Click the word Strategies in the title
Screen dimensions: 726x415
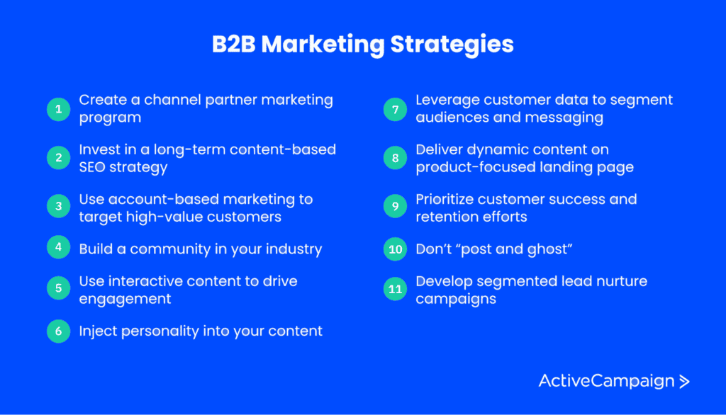[x=452, y=45]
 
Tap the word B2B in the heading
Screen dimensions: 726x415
[x=233, y=45]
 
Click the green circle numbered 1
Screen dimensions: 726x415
[x=58, y=109]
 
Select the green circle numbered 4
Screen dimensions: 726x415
[x=58, y=247]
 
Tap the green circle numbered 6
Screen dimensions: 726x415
[x=58, y=331]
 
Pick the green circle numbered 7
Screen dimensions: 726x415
[x=395, y=110]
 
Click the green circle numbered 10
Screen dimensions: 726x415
[x=395, y=249]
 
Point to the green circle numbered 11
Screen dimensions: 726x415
[x=395, y=289]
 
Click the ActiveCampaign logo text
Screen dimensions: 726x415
[x=607, y=381]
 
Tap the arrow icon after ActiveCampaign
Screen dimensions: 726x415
[x=684, y=381]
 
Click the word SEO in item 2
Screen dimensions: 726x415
[x=92, y=167]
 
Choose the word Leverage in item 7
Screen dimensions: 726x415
[x=447, y=101]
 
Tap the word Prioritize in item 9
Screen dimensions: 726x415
[x=445, y=200]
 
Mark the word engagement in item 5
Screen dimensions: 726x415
[x=125, y=300]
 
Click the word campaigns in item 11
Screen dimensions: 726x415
[x=456, y=300]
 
